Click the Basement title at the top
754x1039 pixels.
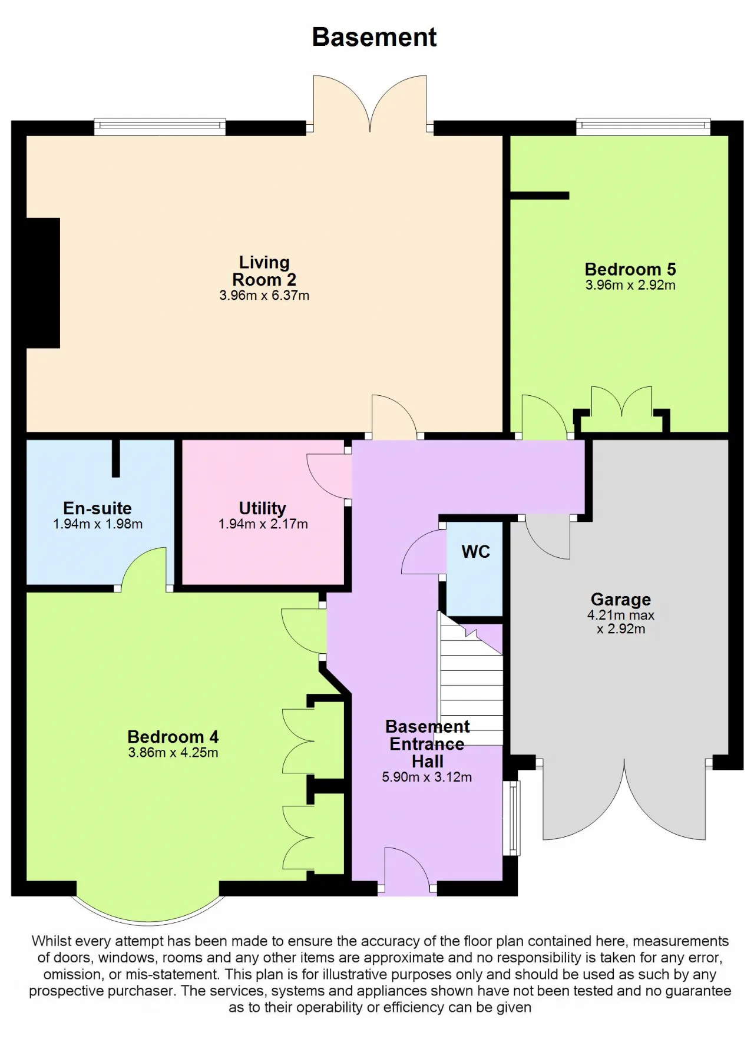(374, 37)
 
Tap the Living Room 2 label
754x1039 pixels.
(264, 270)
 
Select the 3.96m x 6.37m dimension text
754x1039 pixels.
(264, 295)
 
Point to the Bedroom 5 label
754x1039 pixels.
(630, 269)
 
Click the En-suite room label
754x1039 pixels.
(97, 508)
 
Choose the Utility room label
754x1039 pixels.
(262, 508)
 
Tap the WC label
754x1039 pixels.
(475, 551)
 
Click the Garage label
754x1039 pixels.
(621, 599)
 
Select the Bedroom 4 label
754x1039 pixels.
(173, 736)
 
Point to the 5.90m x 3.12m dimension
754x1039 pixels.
(426, 777)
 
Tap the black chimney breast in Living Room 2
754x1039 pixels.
(43, 283)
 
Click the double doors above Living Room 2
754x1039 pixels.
(370, 104)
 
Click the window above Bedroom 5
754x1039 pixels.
(643, 126)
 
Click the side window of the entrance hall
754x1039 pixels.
(514, 818)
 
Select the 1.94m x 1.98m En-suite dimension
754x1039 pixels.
(98, 524)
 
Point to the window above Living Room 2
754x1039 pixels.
(160, 126)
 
